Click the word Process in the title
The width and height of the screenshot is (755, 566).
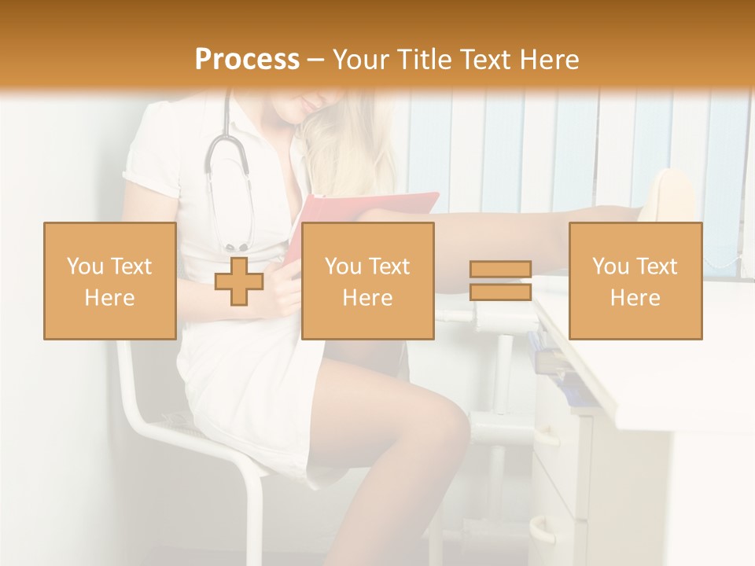247,60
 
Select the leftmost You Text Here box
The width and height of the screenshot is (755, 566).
109,281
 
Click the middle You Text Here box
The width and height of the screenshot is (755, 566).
367,281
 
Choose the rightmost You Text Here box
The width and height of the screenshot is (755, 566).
635,281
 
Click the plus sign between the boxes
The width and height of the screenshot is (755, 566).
239,281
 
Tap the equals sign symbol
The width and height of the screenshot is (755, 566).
500,281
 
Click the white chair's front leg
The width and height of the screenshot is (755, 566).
255,511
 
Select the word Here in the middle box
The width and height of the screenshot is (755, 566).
367,297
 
